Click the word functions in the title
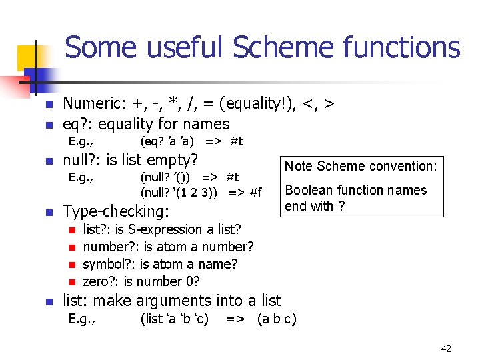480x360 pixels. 402,48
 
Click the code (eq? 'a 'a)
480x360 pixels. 167,141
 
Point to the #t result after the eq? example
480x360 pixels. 237,141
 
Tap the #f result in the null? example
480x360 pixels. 255,193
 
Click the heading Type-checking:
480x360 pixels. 116,211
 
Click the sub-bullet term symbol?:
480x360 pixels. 109,264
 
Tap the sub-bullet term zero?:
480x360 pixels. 101,281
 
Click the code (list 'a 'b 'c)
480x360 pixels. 175,319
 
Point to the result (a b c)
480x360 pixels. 277,319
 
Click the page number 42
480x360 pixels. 446,348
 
